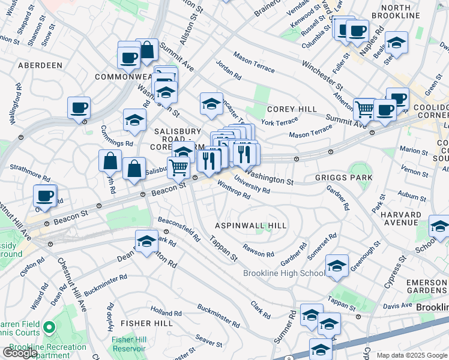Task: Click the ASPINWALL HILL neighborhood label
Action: click(x=251, y=224)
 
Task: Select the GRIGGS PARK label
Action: click(x=343, y=178)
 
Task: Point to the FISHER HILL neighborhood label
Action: click(x=139, y=323)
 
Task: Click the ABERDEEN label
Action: click(x=40, y=64)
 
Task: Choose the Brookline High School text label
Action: click(x=284, y=274)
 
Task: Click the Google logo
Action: click(x=20, y=352)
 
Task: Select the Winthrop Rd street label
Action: click(x=234, y=190)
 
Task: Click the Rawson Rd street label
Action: click(x=258, y=250)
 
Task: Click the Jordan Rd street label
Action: click(x=228, y=73)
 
